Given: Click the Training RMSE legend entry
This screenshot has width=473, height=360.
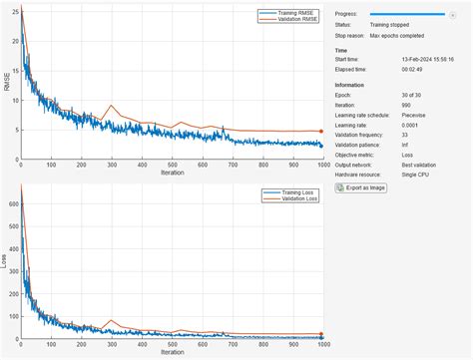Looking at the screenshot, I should [288, 12].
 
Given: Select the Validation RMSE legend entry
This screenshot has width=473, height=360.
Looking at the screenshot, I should [289, 19].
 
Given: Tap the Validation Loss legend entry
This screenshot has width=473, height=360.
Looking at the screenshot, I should [290, 197].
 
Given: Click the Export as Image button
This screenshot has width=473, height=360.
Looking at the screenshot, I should [361, 186].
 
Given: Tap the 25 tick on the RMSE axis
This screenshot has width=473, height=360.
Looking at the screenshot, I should [13, 12].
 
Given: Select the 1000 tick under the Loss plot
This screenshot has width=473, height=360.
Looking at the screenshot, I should [321, 345].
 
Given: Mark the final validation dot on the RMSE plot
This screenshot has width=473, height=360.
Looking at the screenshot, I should [321, 131].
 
